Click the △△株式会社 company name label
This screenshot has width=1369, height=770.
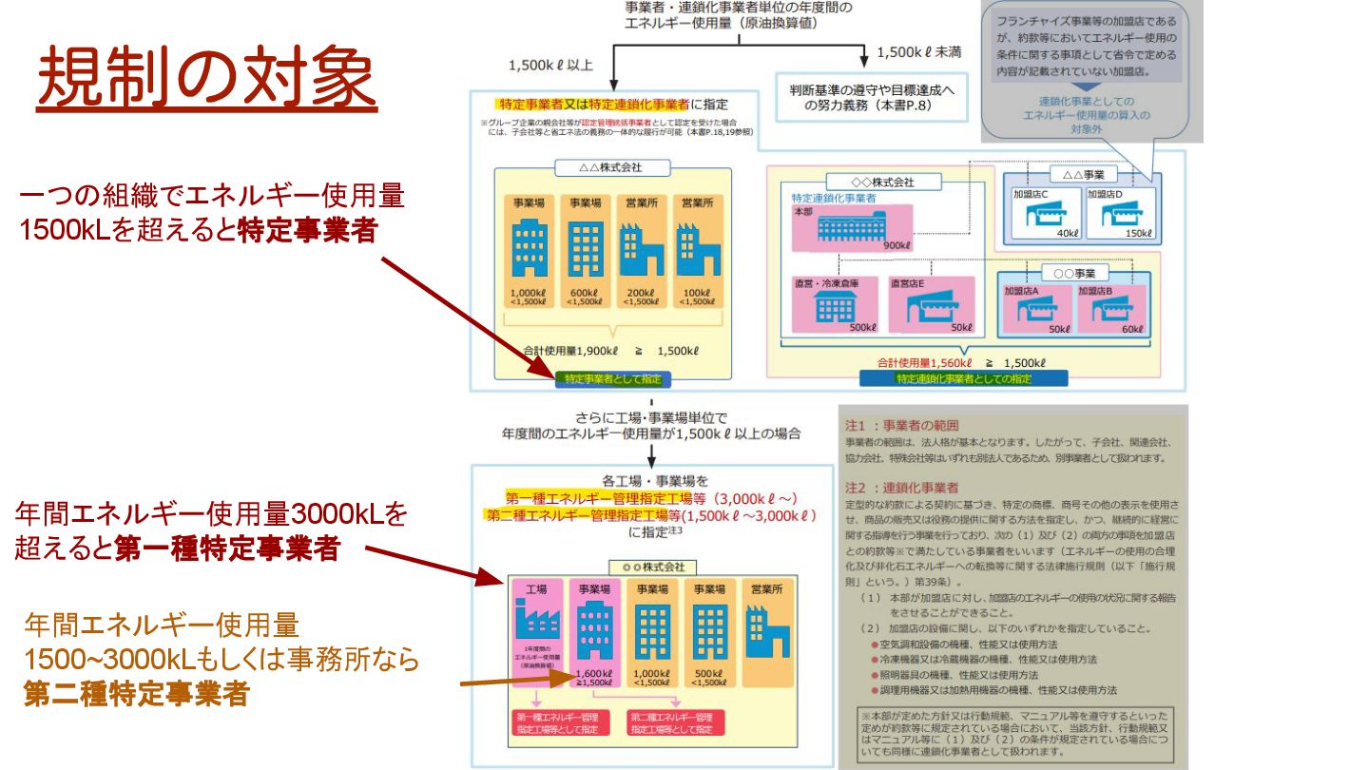coord(612,168)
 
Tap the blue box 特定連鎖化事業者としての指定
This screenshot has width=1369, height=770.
coord(962,378)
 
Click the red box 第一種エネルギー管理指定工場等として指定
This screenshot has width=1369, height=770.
coord(557,722)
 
